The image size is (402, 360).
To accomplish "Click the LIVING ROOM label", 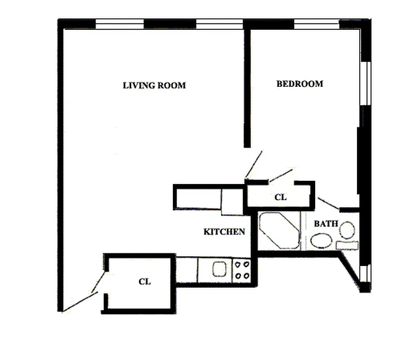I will pyautogui.click(x=154, y=85).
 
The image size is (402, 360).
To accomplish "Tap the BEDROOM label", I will pyautogui.click(x=299, y=84).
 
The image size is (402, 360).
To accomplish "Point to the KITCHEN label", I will pyautogui.click(x=224, y=232).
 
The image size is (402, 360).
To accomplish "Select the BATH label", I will pyautogui.click(x=326, y=224).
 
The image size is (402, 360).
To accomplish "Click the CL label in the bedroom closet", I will pyautogui.click(x=280, y=197).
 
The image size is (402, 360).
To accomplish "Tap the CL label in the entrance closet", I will pyautogui.click(x=145, y=282).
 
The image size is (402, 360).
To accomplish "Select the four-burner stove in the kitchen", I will pyautogui.click(x=241, y=270).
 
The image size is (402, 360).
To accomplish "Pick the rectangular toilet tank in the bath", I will pyautogui.click(x=347, y=245).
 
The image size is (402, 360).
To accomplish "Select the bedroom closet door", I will pyautogui.click(x=281, y=175).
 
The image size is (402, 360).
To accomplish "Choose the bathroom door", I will pyautogui.click(x=328, y=203).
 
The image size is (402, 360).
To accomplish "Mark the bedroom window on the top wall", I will pyautogui.click(x=316, y=24).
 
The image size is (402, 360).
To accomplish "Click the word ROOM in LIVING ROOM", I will pyautogui.click(x=171, y=85).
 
